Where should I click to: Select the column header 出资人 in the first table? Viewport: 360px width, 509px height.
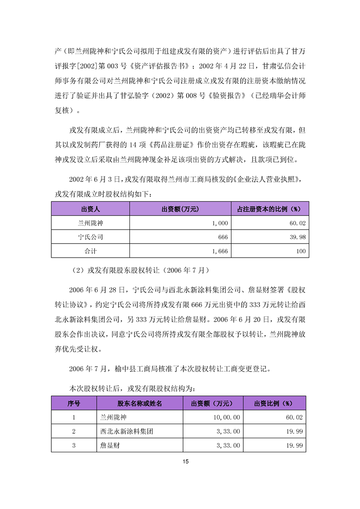pyautogui.click(x=90, y=209)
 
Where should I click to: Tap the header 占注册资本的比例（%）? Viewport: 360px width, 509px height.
pyautogui.click(x=270, y=209)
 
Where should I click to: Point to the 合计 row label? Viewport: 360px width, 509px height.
pyautogui.click(x=90, y=250)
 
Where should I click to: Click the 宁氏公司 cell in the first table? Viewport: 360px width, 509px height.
pyautogui.click(x=90, y=237)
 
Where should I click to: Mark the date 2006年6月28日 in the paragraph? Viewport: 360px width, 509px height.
pyautogui.click(x=97, y=289)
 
